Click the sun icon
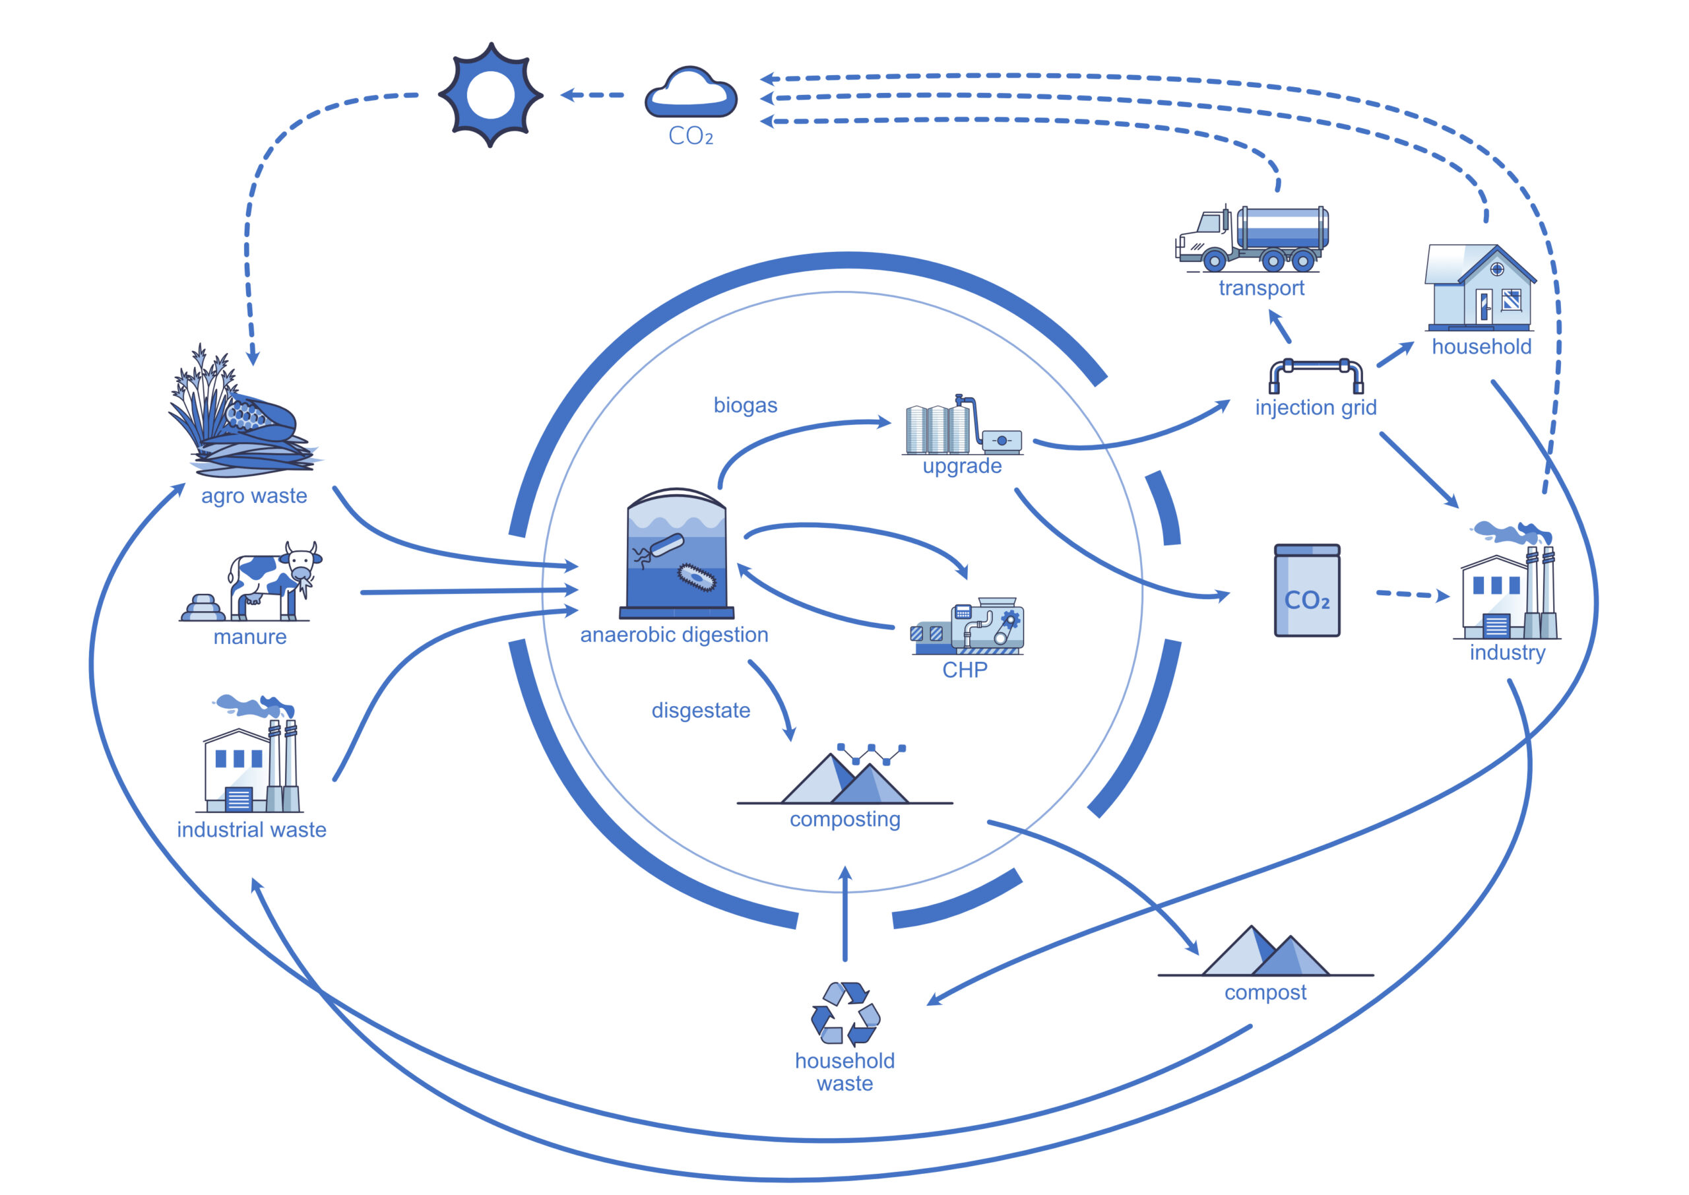coord(490,95)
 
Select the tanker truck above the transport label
coord(1254,237)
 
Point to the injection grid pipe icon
coord(1316,375)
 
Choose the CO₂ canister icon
coord(1306,591)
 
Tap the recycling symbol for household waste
coord(845,1014)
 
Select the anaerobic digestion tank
coord(676,554)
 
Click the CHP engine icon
coord(967,627)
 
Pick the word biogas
coord(745,405)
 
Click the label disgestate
coord(700,711)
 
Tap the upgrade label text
coord(961,467)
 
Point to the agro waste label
coord(254,496)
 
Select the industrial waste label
coord(251,830)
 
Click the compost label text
coord(1265,992)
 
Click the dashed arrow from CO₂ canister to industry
coord(1411,595)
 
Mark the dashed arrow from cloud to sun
coord(592,95)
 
